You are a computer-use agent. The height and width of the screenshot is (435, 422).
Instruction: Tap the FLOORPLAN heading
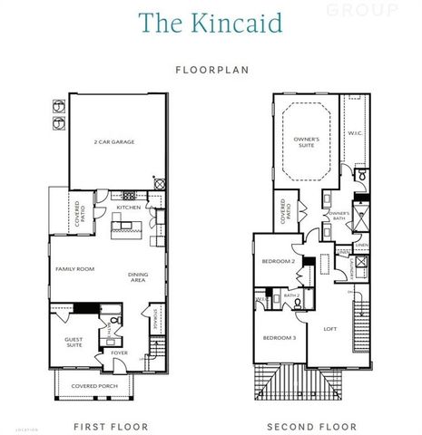pos(211,68)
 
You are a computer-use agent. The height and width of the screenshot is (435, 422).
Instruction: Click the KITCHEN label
pos(128,208)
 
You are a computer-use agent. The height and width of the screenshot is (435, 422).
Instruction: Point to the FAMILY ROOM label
pos(74,269)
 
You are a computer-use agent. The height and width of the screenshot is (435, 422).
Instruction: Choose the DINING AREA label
pos(138,278)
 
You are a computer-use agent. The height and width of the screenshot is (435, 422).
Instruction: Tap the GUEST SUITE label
pos(74,343)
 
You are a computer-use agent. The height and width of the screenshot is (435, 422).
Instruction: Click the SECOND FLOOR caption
pos(311,425)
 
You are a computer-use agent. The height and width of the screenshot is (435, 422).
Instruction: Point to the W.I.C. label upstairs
pos(354,132)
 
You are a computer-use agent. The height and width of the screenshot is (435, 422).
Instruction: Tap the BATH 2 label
pos(292,295)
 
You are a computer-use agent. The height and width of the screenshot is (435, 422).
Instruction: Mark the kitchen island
pos(128,227)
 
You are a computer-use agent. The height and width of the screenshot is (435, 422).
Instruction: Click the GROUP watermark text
pos(374,10)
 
